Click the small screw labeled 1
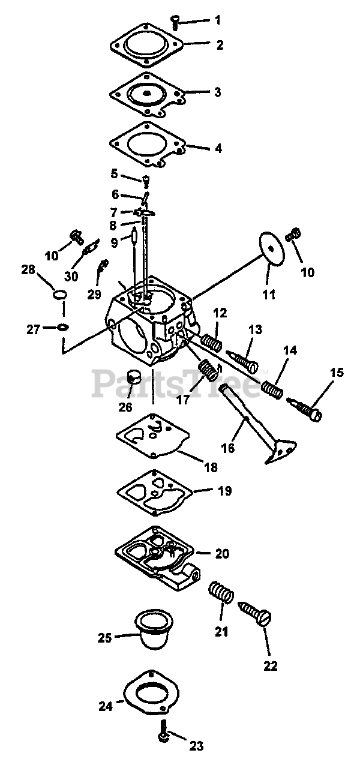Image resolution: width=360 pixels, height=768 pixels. click(x=175, y=23)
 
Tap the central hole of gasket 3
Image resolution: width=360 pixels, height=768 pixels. click(x=146, y=94)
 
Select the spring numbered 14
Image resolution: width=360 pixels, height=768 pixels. click(x=273, y=389)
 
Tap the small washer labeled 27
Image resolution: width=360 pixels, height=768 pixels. click(x=63, y=327)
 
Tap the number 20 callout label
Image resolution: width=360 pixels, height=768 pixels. click(x=221, y=553)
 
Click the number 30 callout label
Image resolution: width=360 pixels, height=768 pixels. click(x=71, y=276)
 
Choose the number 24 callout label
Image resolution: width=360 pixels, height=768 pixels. click(x=106, y=706)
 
